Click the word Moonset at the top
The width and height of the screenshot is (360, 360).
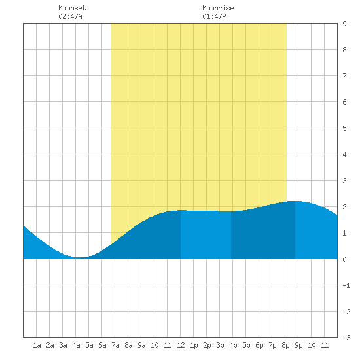72,8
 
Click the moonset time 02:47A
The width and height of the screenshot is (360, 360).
70,16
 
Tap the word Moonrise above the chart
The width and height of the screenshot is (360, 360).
218,8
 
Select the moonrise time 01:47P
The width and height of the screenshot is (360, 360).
214,16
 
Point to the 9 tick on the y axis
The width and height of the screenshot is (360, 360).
344,24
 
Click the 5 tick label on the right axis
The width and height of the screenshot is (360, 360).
344,128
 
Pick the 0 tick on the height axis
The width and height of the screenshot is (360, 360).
344,259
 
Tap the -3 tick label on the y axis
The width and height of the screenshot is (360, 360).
346,338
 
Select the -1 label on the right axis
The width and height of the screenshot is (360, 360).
346,285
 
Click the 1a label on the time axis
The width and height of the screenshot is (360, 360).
37,345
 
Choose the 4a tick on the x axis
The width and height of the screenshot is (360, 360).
76,345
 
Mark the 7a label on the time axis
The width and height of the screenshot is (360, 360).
115,345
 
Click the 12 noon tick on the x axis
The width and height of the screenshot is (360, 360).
181,345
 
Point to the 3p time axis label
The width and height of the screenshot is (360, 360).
220,345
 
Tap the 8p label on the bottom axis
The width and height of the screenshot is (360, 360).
285,345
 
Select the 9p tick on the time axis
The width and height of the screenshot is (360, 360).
298,345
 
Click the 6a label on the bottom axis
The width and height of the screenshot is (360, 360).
102,345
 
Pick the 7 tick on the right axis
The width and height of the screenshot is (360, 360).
344,76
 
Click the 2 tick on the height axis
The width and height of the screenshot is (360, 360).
344,207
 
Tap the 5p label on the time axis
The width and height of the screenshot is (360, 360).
246,345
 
